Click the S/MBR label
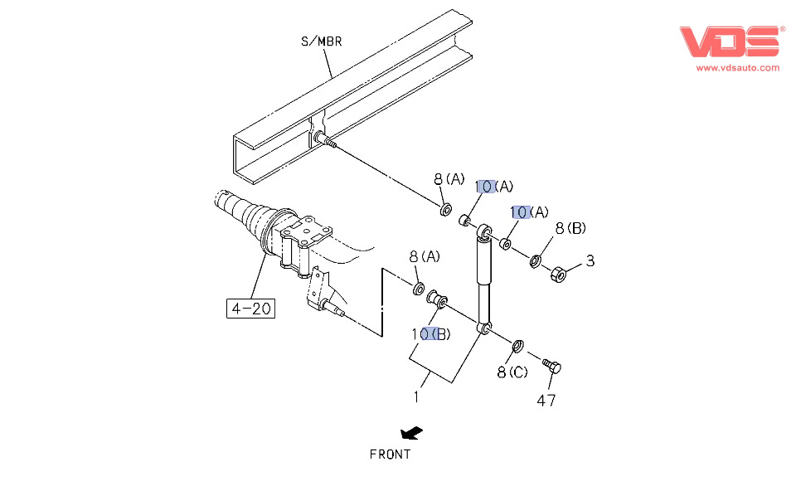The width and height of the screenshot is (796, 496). [x=322, y=41]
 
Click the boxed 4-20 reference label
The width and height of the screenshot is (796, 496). [x=251, y=309]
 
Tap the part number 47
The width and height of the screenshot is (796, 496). [x=546, y=401]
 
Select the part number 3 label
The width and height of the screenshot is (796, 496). [x=590, y=260]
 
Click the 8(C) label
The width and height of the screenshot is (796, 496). [x=512, y=372]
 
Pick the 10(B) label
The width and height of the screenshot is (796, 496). [x=431, y=333]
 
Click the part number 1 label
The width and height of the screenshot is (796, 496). [x=416, y=397]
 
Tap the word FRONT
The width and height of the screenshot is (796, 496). [x=390, y=454]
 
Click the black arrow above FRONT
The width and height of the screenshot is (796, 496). [x=410, y=433]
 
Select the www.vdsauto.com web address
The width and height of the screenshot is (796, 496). [x=737, y=68]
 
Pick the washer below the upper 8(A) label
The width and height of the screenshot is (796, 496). [x=445, y=207]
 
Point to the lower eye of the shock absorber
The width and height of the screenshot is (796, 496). [x=483, y=327]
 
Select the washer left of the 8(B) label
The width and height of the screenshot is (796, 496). [x=536, y=260]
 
